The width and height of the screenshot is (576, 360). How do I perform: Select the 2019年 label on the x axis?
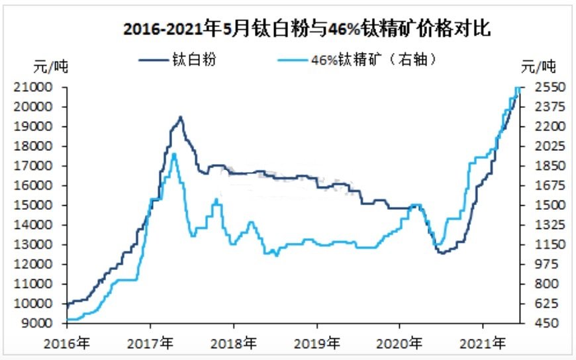(317, 343)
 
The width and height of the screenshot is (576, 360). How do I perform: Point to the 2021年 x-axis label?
(483, 343)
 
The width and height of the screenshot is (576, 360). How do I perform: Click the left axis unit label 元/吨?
(51, 67)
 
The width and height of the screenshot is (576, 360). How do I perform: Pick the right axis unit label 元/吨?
(538, 67)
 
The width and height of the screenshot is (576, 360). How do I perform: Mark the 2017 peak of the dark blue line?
(180, 117)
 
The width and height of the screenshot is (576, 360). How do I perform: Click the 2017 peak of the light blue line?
(174, 154)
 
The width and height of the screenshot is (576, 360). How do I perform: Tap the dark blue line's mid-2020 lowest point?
(440, 253)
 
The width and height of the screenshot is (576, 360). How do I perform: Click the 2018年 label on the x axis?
(234, 343)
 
